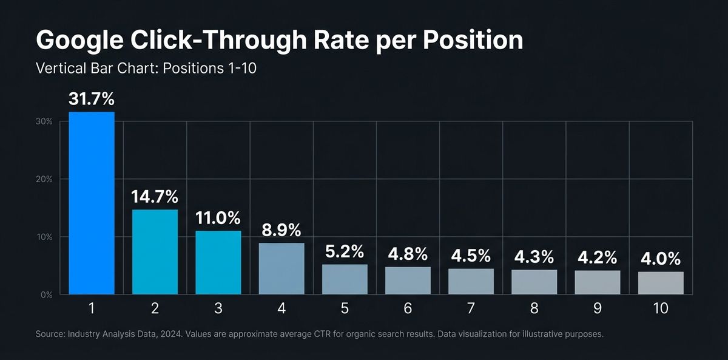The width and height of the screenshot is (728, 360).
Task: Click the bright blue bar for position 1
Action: (x=92, y=203)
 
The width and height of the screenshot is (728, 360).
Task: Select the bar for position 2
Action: (x=155, y=252)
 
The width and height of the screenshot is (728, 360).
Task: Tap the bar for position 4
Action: (x=281, y=268)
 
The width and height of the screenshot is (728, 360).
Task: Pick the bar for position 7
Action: (x=471, y=281)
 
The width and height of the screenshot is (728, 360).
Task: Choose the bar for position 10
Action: (x=661, y=283)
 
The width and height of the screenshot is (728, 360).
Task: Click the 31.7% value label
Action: (x=92, y=99)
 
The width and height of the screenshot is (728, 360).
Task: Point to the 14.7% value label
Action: (x=155, y=197)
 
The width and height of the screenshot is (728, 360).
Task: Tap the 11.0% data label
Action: (x=218, y=218)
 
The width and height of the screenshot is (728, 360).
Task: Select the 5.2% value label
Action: (x=345, y=251)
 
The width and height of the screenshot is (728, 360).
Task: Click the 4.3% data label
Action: (x=534, y=257)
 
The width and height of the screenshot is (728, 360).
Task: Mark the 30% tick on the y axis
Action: (x=44, y=121)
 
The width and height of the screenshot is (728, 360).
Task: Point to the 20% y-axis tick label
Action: (x=44, y=179)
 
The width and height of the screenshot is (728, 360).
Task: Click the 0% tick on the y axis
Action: (x=47, y=295)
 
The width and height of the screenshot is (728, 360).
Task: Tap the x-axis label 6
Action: (x=408, y=308)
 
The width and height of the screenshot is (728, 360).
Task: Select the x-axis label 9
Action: (x=598, y=308)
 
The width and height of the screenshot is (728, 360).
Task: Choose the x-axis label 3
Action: (x=218, y=308)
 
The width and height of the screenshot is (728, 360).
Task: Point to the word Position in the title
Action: (x=473, y=40)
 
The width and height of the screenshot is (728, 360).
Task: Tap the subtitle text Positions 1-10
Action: (x=210, y=68)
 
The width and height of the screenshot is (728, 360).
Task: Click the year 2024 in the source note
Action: (x=171, y=335)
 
